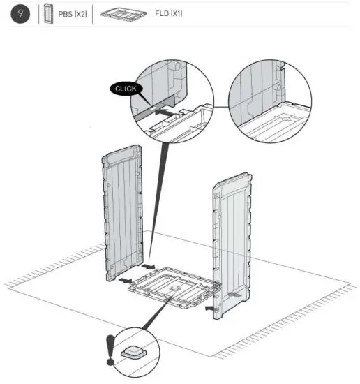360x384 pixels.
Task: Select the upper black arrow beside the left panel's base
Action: click(x=148, y=267)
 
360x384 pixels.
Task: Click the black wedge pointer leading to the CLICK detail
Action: click(x=157, y=189)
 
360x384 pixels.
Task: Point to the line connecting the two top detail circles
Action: click(x=218, y=105)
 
